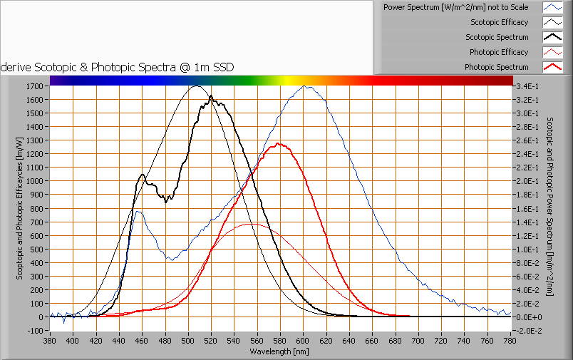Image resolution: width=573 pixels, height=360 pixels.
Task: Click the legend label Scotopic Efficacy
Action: click(499, 22)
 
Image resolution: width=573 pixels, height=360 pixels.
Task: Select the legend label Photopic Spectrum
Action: click(496, 67)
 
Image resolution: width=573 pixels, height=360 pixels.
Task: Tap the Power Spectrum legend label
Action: click(455, 7)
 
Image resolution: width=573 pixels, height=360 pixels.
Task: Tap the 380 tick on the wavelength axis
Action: click(50, 341)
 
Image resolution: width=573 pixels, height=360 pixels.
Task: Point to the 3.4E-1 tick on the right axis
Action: click(528, 86)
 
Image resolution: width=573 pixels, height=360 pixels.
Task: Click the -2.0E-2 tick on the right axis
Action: click(530, 331)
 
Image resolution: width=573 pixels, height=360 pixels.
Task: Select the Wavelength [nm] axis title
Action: click(280, 351)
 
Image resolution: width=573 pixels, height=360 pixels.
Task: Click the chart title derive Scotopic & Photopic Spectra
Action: click(118, 67)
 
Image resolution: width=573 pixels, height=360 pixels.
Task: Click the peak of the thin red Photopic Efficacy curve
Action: click(251, 224)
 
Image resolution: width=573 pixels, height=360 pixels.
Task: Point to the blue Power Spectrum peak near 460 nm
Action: click(138, 211)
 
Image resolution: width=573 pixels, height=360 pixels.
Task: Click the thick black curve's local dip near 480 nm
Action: click(165, 202)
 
